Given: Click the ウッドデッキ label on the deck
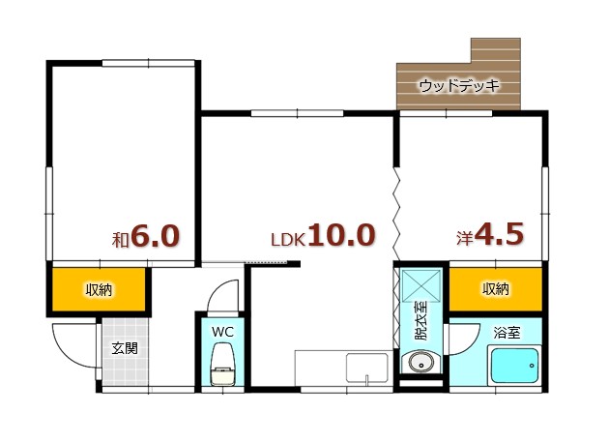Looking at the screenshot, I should (458, 86).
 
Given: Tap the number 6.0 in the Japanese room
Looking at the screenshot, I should (156, 237).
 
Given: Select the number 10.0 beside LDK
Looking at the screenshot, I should (340, 236).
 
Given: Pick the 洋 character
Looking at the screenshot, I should (465, 237).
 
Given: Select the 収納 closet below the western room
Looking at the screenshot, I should (495, 289).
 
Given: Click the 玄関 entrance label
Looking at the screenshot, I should (124, 349).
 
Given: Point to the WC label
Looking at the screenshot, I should (222, 332).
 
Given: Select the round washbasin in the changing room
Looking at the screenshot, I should (420, 364).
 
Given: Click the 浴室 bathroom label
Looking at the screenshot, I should (507, 333).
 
